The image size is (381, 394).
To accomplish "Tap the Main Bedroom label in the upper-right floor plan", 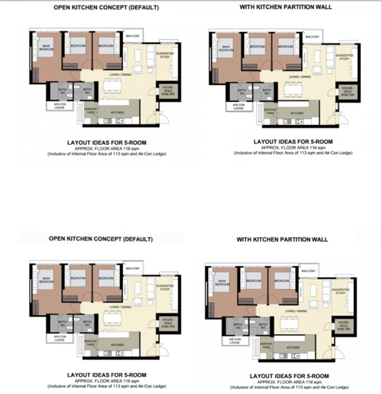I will pyautogui.click(x=226, y=49).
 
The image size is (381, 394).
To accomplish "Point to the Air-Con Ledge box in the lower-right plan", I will pyautogui.click(x=234, y=341).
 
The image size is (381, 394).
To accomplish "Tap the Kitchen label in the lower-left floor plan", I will pyautogui.click(x=117, y=345).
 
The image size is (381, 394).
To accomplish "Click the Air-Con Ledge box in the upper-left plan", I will pyautogui.click(x=59, y=105).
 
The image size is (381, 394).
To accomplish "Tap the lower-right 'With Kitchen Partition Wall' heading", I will pyautogui.click(x=282, y=239).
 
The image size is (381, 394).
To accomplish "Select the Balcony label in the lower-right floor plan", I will pyautogui.click(x=309, y=271).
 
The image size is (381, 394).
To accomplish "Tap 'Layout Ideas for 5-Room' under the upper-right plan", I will pyautogui.click(x=293, y=142).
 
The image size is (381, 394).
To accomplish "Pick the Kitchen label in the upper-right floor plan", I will pyautogui.click(x=297, y=113).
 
